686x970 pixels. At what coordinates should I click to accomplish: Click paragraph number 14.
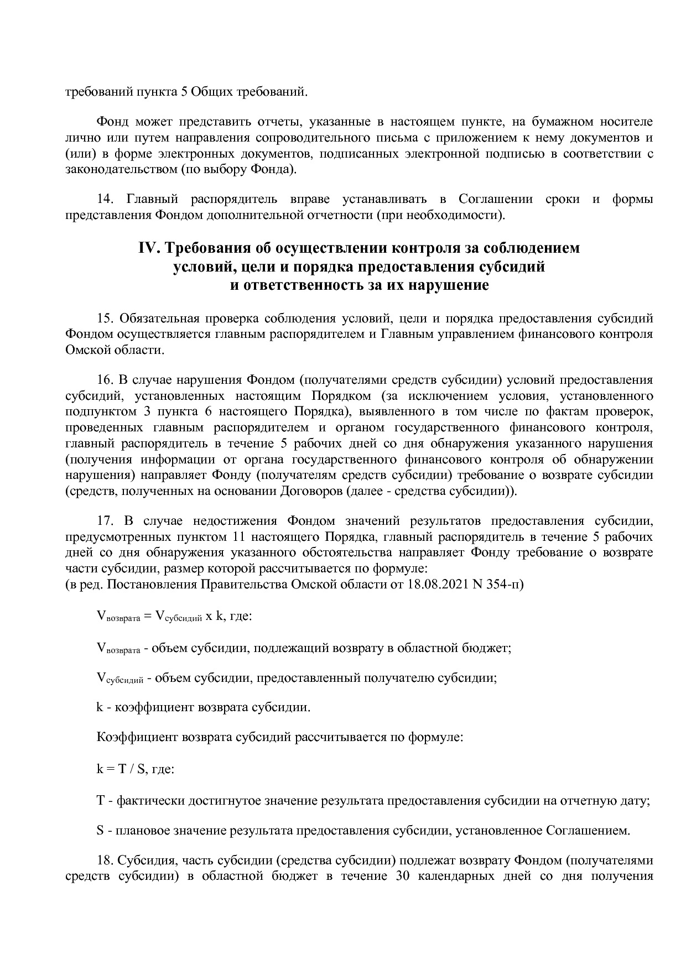pos(105,199)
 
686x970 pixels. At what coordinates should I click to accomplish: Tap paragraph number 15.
pos(105,319)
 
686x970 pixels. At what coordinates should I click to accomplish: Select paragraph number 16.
pos(105,380)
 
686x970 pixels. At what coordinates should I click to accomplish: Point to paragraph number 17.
pos(105,521)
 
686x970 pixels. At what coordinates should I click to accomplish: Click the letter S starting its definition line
pos(100,831)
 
